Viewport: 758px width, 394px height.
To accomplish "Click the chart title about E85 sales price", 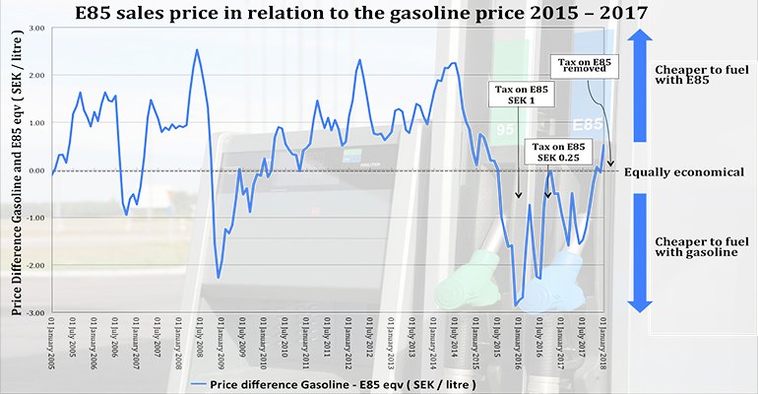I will coord(378,12).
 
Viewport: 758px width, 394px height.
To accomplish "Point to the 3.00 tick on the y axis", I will coord(36,29).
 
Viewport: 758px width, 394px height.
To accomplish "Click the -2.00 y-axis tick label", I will coord(35,266).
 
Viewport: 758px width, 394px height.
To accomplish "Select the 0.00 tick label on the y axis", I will coord(36,171).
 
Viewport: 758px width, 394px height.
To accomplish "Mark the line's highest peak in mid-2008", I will coord(197,50).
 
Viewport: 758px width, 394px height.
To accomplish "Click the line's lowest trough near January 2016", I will coord(515,305).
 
